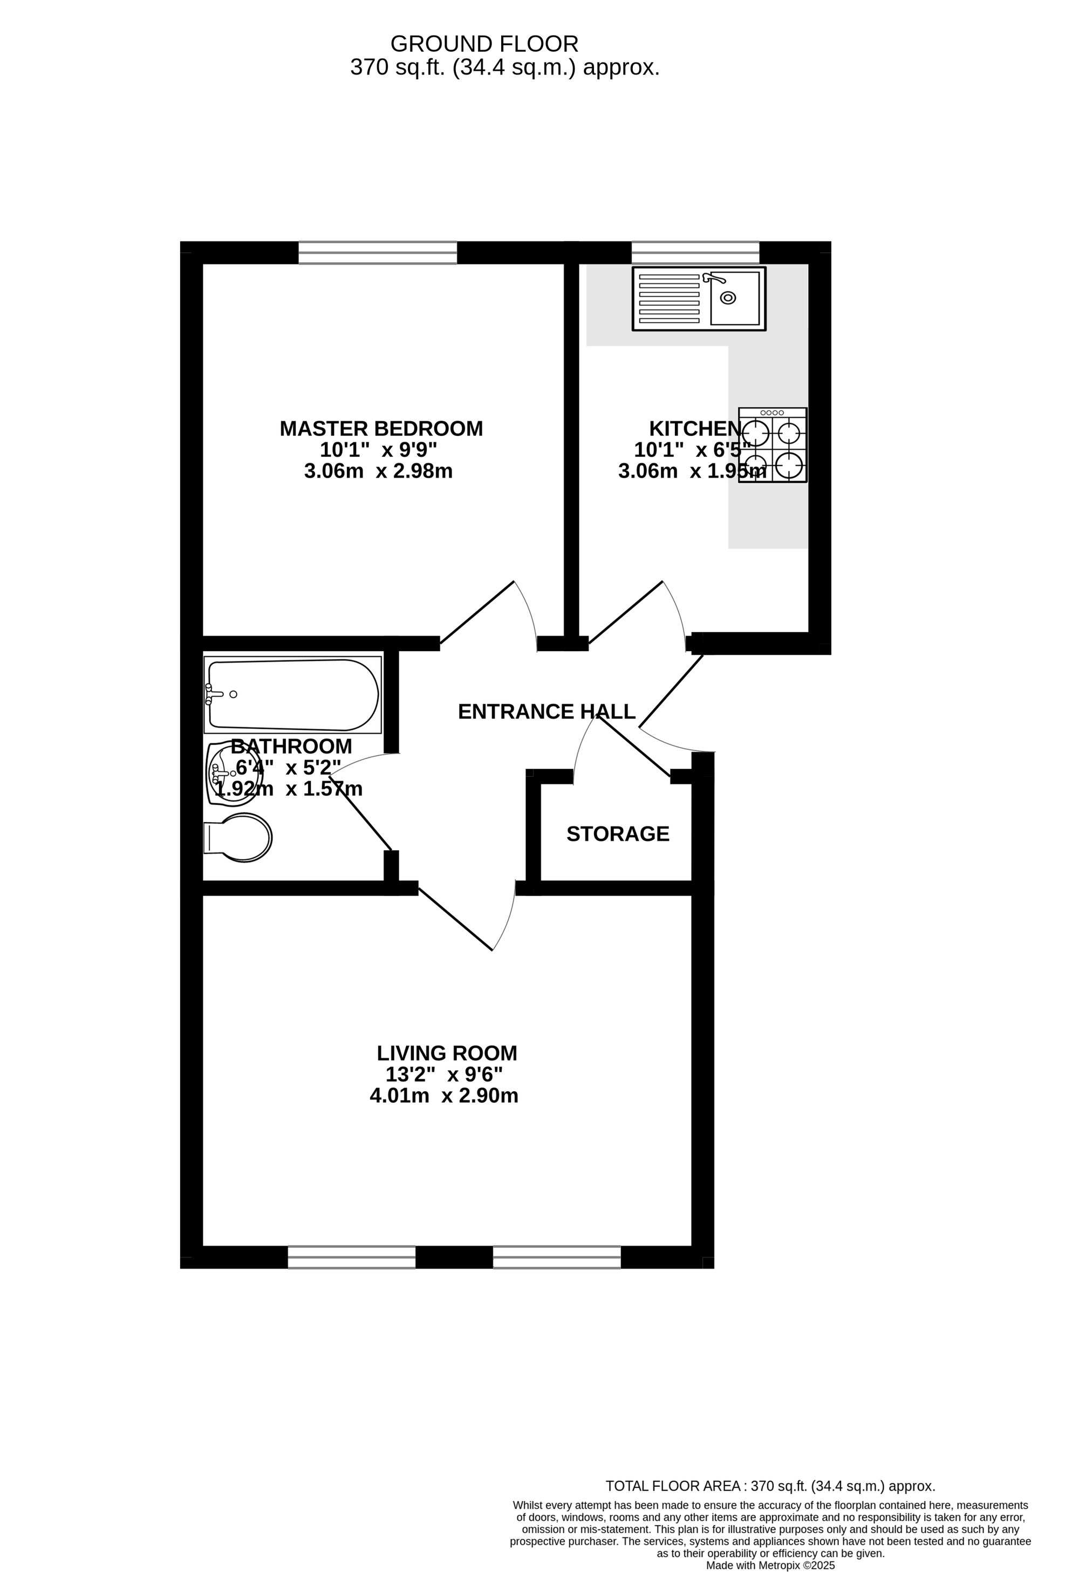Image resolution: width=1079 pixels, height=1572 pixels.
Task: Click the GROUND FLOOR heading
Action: point(484,44)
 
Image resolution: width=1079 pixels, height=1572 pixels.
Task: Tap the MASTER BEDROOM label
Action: point(381,428)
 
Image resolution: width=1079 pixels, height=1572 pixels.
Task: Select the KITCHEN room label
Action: point(695,428)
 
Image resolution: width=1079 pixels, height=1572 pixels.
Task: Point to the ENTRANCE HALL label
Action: point(547,712)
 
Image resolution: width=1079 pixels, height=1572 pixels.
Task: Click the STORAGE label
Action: point(618,834)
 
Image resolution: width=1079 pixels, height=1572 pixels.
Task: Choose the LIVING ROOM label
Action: point(447,1053)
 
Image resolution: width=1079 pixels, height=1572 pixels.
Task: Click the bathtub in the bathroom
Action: point(293,695)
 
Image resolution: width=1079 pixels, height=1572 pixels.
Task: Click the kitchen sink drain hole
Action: point(728,298)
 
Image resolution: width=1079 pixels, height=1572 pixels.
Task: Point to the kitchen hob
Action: point(773,445)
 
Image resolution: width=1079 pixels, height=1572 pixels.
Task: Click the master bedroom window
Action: point(378,252)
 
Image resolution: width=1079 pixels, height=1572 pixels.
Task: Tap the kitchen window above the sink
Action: point(695,252)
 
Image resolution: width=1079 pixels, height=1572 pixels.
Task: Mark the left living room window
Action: point(352,1257)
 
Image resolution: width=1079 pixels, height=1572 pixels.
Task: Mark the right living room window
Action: point(557,1257)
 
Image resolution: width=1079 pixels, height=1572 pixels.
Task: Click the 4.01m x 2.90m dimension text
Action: point(444,1095)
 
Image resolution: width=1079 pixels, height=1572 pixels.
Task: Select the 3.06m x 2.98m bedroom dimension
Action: point(378,471)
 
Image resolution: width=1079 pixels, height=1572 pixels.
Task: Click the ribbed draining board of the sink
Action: point(669,298)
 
